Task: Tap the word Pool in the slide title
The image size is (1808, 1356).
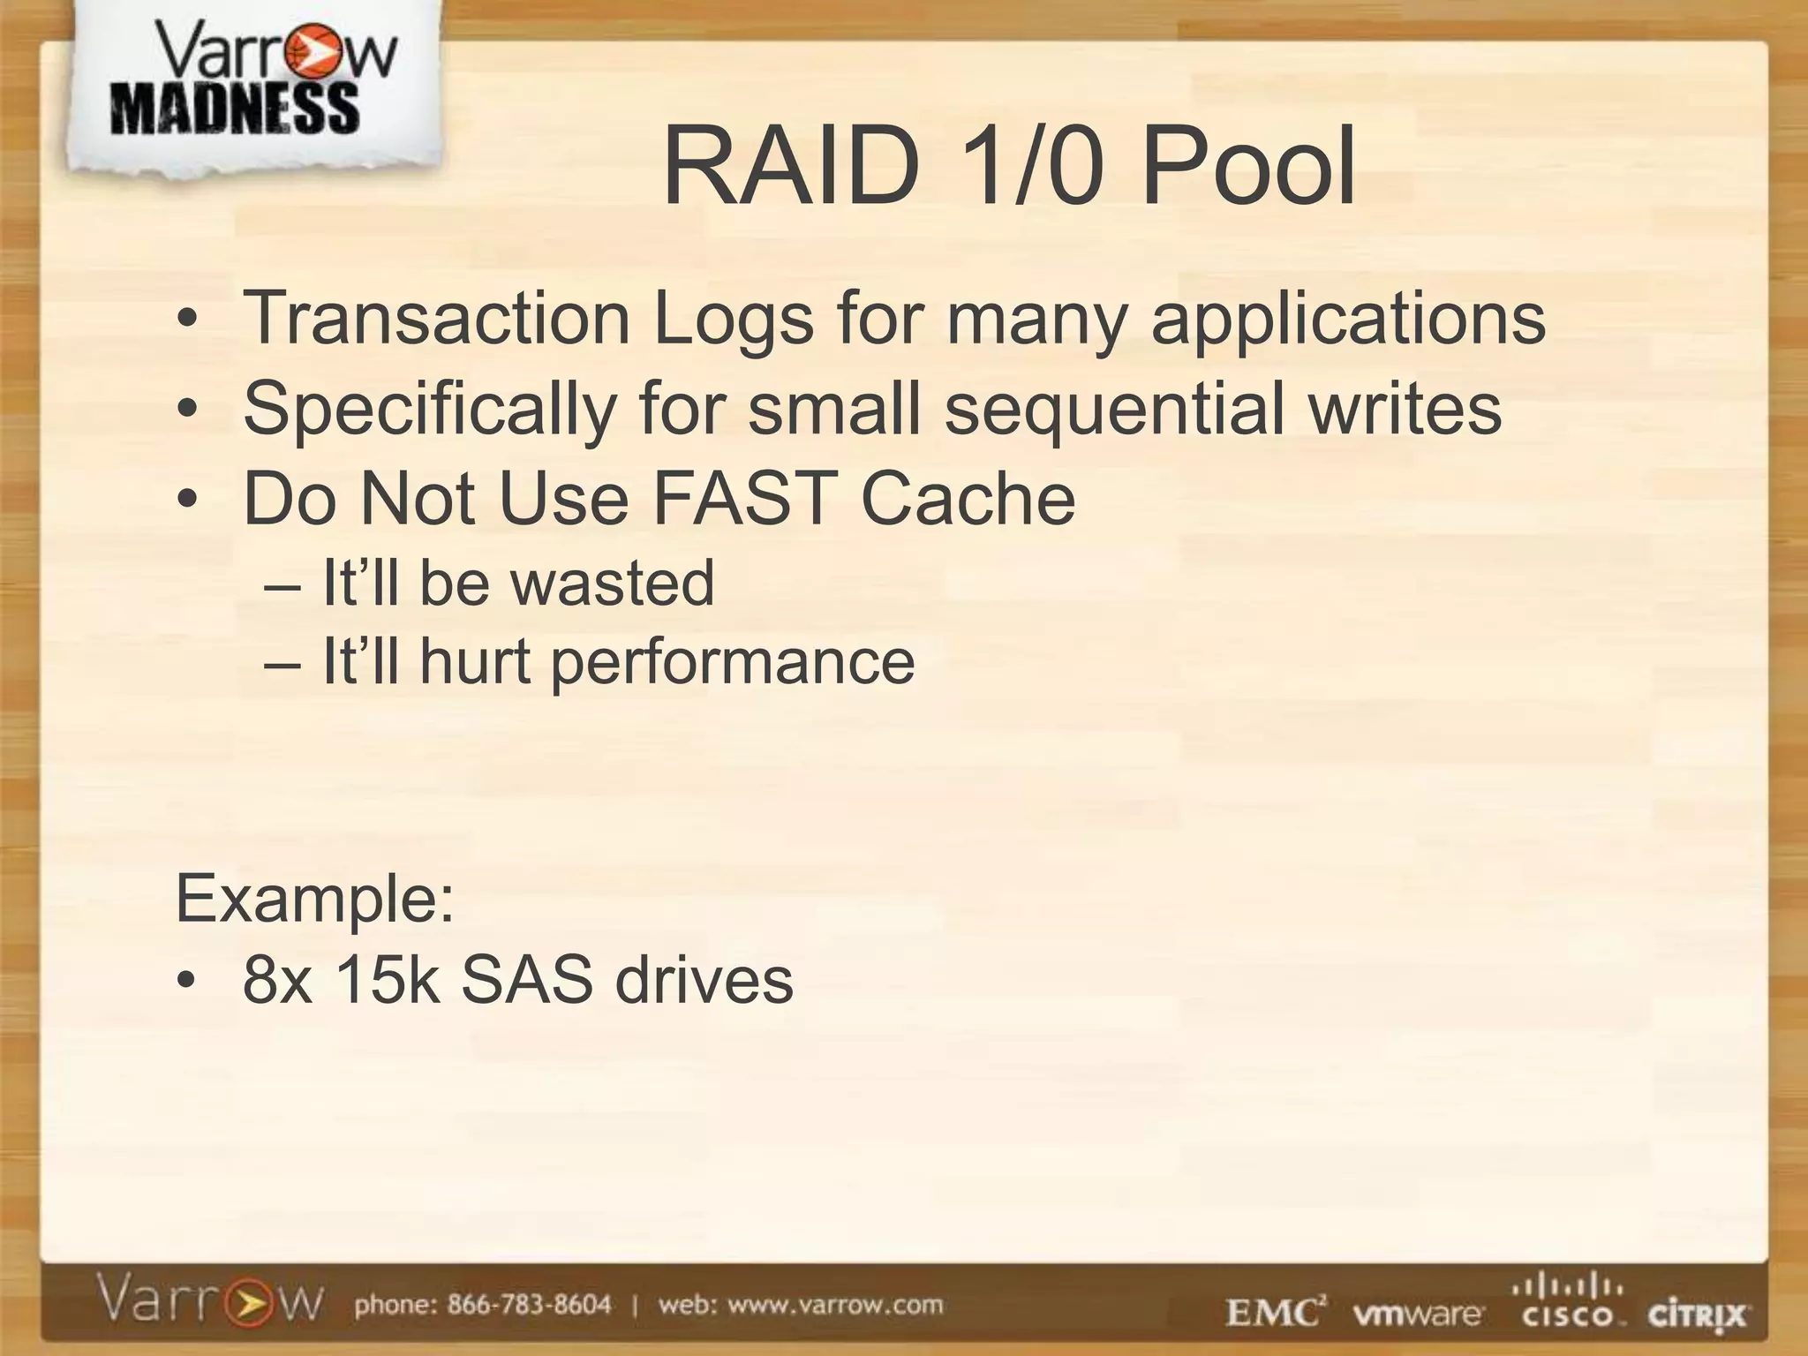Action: (1247, 166)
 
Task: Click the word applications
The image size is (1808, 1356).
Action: (1348, 320)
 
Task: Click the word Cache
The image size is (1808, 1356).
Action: (968, 498)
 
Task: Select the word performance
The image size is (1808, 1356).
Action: (733, 662)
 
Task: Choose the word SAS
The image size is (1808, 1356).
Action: (526, 980)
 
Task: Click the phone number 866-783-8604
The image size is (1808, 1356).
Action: (529, 1305)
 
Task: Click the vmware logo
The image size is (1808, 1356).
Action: (1418, 1314)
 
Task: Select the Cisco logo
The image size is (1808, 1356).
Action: (1569, 1305)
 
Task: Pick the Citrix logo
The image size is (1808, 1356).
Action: (1697, 1315)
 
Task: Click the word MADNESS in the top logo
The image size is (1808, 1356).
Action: (235, 109)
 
